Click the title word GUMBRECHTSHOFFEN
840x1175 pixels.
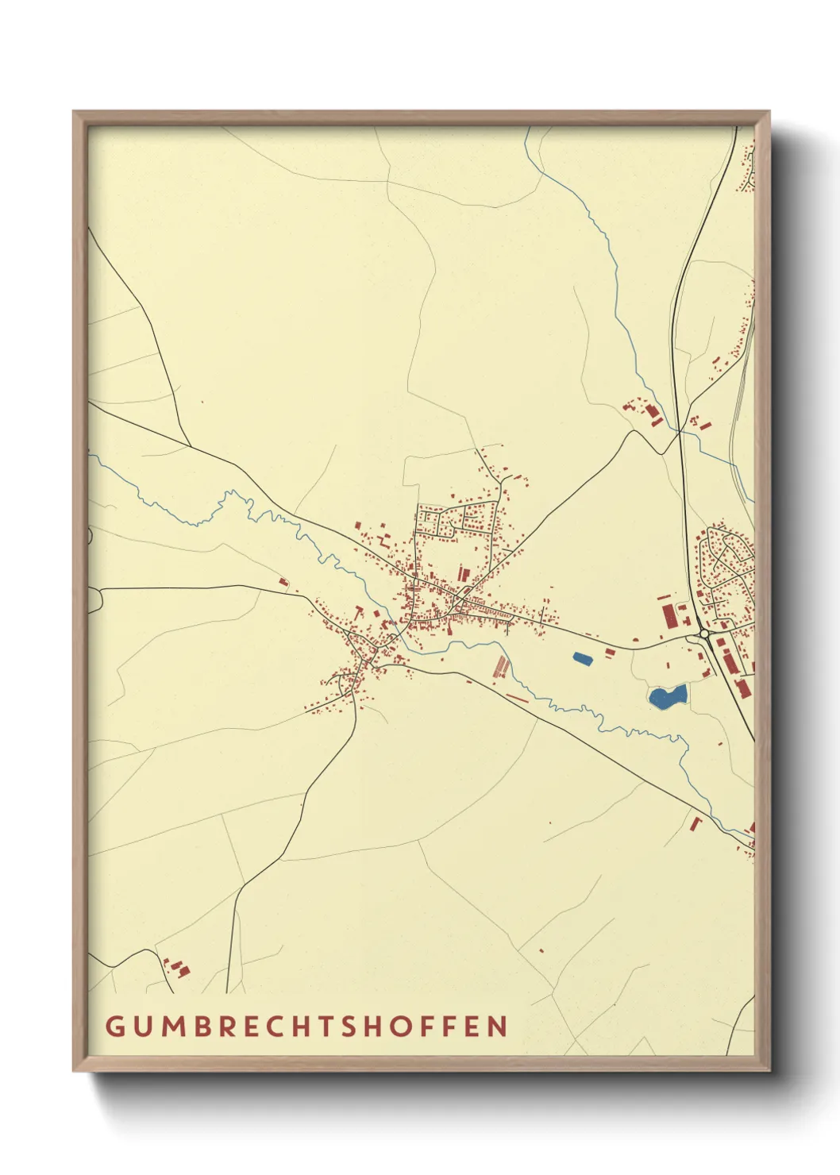coord(306,1026)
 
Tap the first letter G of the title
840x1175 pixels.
coord(114,1026)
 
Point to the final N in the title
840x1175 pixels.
coord(498,1026)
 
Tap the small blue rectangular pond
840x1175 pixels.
coord(582,658)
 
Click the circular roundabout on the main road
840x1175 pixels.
coord(703,634)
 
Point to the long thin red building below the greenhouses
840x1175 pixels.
coord(517,699)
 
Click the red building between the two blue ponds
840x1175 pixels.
coord(610,652)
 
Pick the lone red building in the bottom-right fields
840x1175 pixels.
coord(541,950)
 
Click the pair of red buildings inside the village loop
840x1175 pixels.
coord(463,572)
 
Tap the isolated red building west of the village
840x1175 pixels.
coord(283,583)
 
